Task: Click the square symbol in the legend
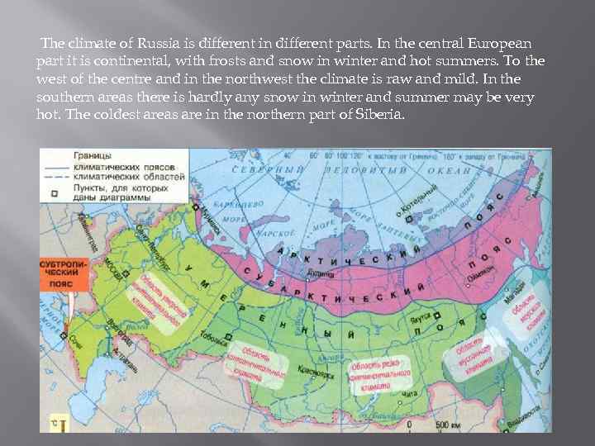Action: [54, 193]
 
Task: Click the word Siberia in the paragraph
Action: [382, 114]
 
